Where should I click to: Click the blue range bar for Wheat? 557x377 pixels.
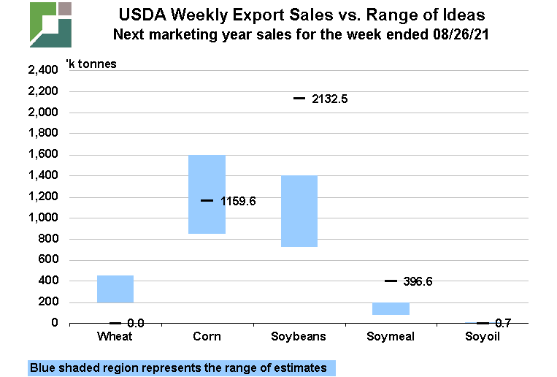[x=115, y=289]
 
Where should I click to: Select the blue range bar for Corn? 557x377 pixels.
[x=207, y=194]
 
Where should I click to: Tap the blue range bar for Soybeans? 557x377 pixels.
[x=299, y=211]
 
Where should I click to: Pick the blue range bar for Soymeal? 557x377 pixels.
[x=391, y=308]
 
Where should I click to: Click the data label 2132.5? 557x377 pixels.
[x=329, y=99]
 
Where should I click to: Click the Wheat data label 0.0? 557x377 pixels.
[x=136, y=323]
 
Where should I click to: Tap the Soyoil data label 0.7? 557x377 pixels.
[x=502, y=323]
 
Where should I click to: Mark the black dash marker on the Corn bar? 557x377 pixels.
[x=207, y=200]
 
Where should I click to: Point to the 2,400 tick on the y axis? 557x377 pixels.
[x=42, y=70]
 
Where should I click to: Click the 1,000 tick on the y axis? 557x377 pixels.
[x=42, y=218]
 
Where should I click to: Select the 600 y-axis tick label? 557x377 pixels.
[x=48, y=260]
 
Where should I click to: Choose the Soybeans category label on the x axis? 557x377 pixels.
[x=299, y=337]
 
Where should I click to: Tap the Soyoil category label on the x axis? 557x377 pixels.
[x=483, y=337]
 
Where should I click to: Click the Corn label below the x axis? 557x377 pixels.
[x=207, y=337]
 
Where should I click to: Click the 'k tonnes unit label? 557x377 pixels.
[x=91, y=63]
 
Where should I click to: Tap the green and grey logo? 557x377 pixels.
[x=51, y=24]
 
